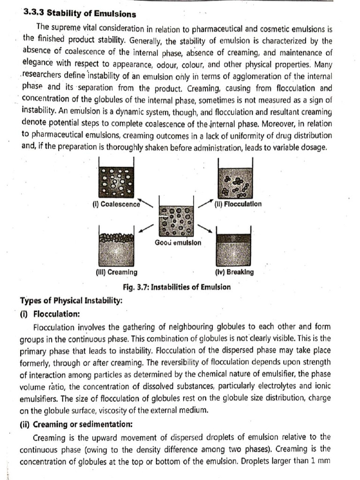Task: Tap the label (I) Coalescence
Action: point(116,204)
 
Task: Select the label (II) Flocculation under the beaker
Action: point(238,204)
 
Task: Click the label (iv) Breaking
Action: point(234,272)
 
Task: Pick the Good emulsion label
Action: point(178,242)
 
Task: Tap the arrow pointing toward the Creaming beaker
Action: point(146,228)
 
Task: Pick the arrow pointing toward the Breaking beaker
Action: point(204,228)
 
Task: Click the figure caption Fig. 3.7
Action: point(176,287)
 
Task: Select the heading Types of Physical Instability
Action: point(71,300)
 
